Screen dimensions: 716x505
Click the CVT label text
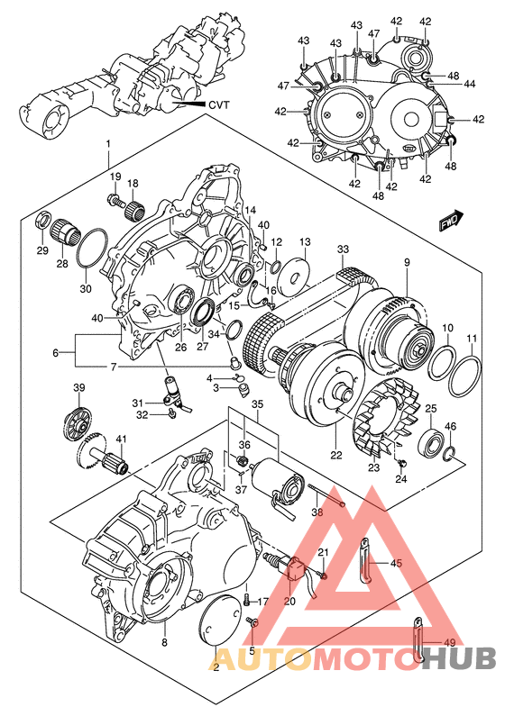(219, 104)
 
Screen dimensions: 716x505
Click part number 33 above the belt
(343, 249)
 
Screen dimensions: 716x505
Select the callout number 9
(407, 262)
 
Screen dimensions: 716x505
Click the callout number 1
(107, 143)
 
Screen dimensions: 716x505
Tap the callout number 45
(395, 563)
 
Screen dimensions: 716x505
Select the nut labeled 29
(41, 222)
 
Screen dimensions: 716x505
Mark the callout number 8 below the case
(164, 642)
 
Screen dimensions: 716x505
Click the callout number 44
(470, 83)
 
